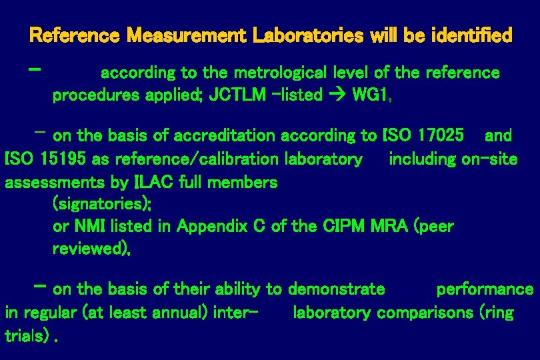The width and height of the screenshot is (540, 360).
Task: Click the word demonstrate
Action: [x=336, y=289]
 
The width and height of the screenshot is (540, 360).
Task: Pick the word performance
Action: [x=485, y=289]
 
